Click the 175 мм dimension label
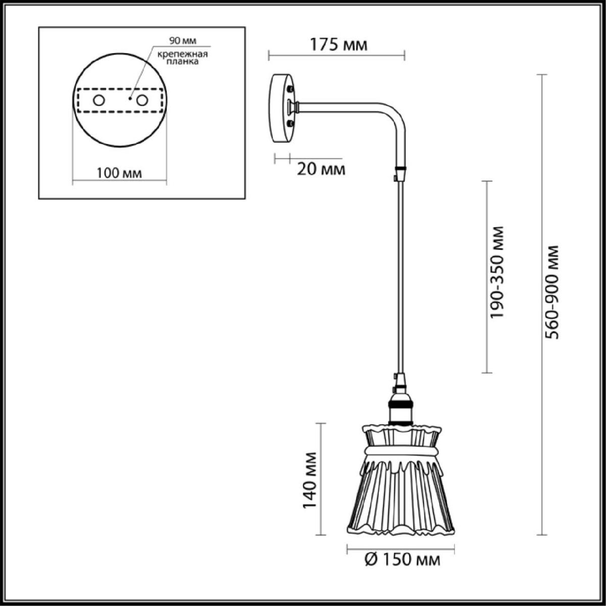click(338, 44)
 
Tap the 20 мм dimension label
click(321, 170)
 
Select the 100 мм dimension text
click(119, 173)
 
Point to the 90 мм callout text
click(183, 40)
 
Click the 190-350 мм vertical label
click(497, 272)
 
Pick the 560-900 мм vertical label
click(552, 292)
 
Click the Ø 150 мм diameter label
click(402, 560)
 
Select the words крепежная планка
click(183, 58)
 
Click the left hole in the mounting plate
click(99, 100)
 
